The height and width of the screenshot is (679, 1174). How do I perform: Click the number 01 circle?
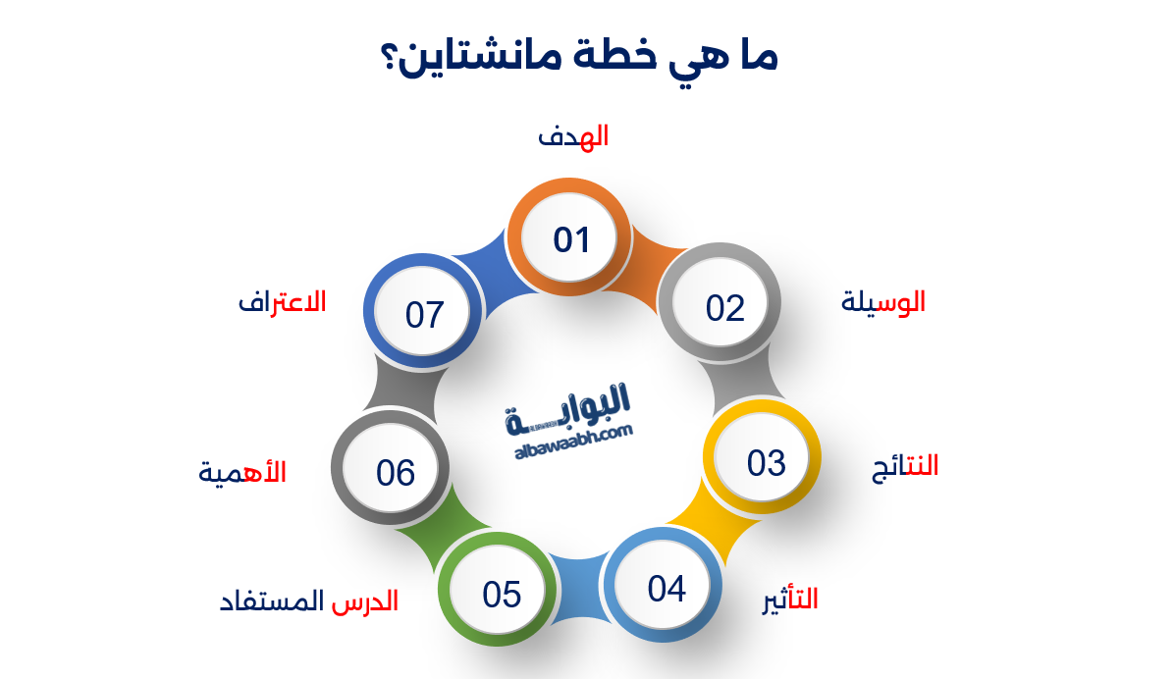tap(569, 239)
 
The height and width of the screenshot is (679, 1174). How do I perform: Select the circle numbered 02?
tap(725, 308)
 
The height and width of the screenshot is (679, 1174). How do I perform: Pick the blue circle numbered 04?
tap(666, 589)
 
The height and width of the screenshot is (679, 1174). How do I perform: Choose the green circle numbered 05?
tap(501, 594)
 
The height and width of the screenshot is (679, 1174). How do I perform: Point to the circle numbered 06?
tap(396, 472)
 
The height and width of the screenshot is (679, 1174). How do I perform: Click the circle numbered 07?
tap(425, 315)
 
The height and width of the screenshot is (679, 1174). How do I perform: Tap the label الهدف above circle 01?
tap(573, 136)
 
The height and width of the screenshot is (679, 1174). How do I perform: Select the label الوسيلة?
tap(883, 302)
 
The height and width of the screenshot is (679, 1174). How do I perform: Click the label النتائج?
tap(905, 466)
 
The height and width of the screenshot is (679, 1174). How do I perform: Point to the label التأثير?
tap(790, 599)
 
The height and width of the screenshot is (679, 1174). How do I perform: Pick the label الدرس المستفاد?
tap(309, 601)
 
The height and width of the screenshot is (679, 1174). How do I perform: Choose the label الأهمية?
tap(242, 472)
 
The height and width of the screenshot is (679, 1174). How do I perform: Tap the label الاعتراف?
tap(283, 301)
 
